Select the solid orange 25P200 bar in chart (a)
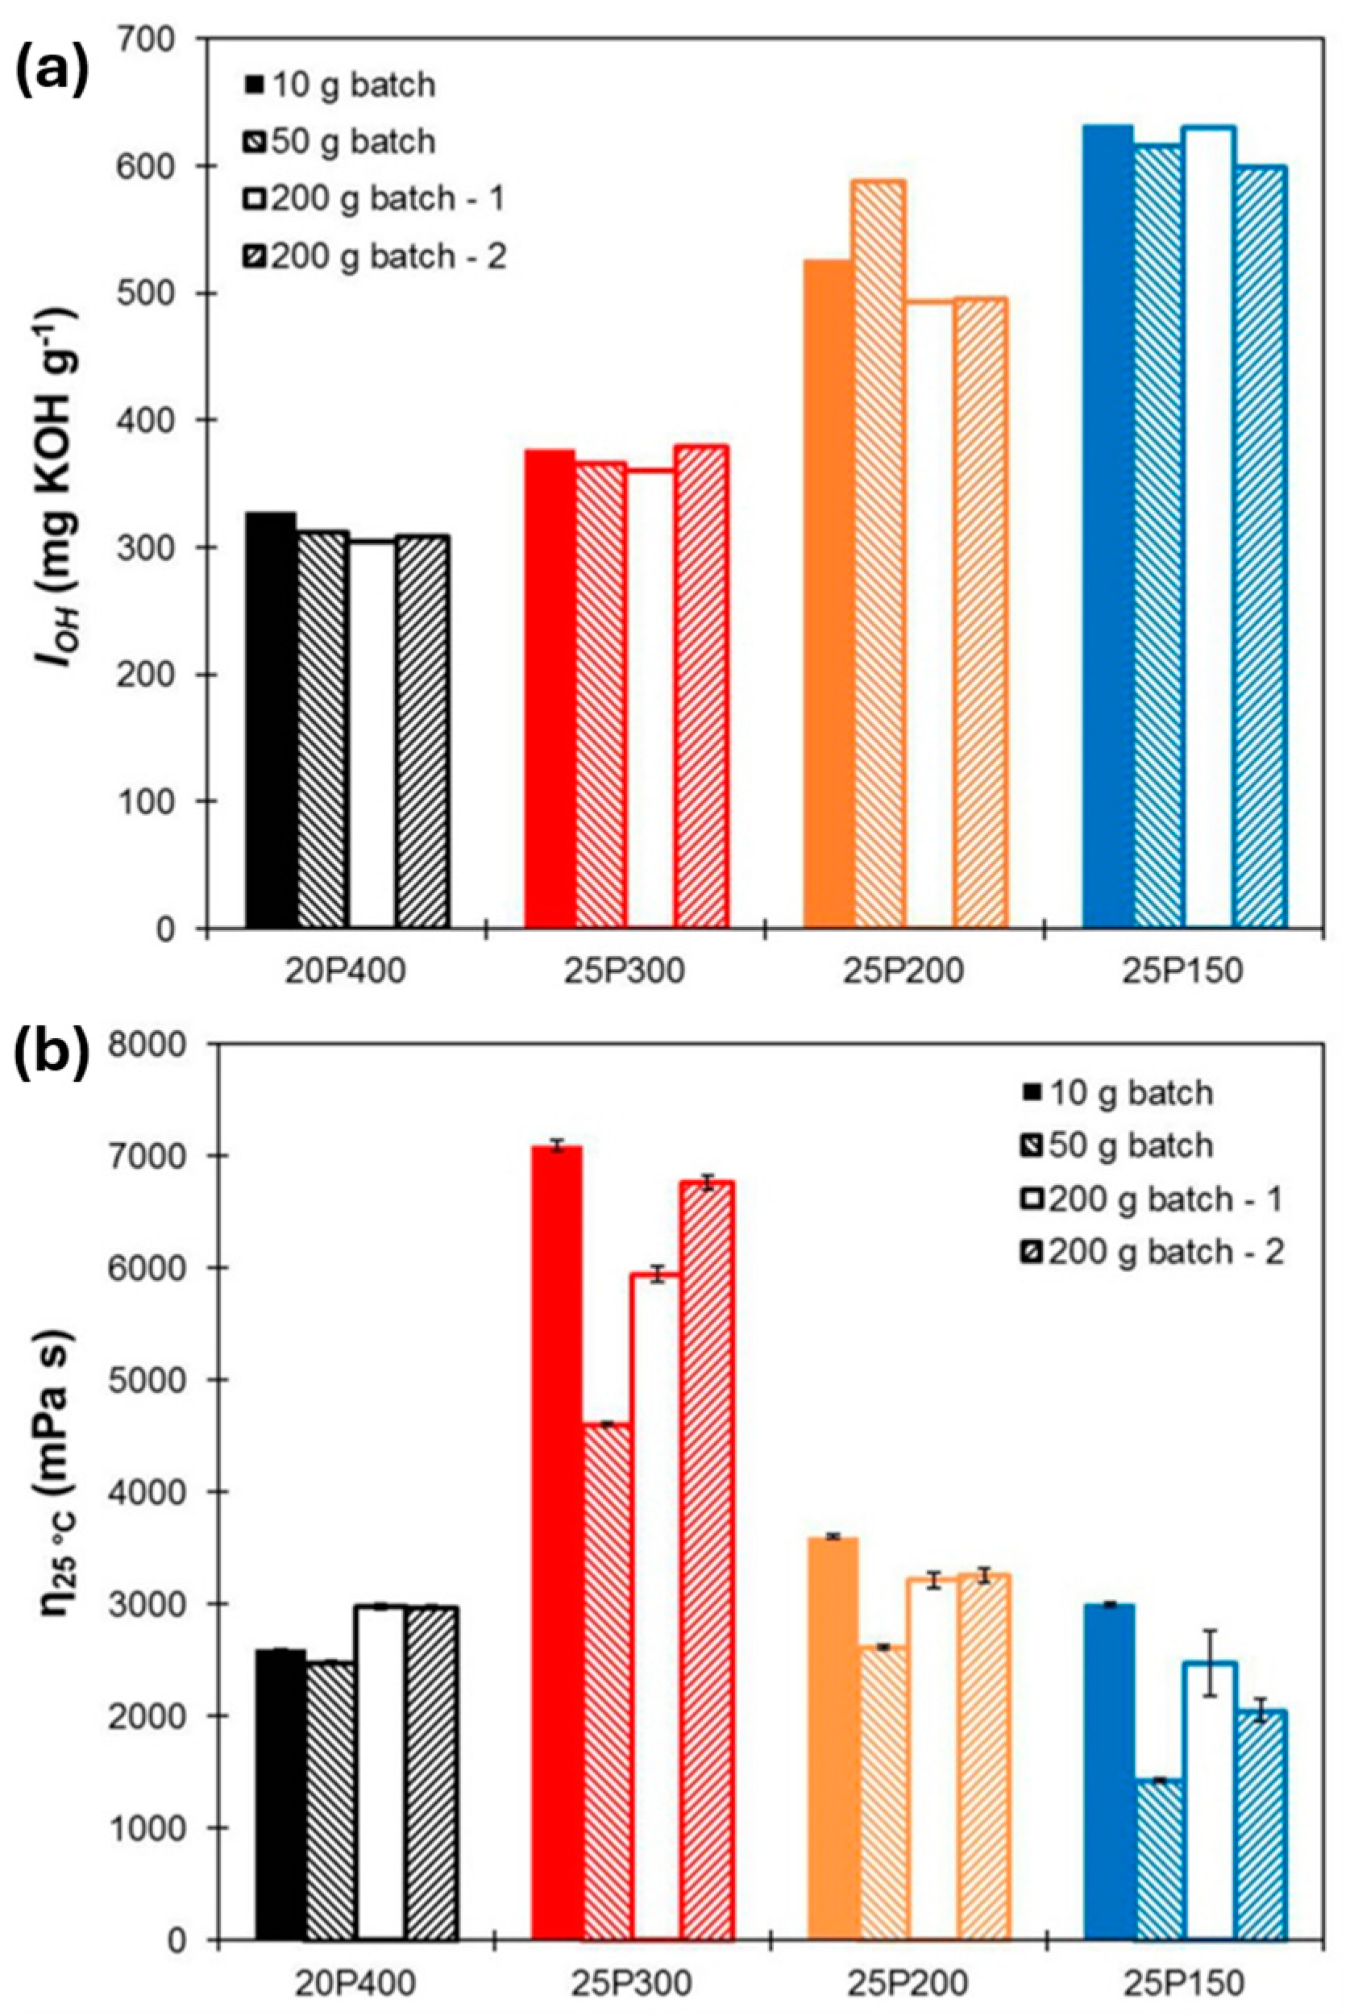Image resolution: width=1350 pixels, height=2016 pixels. click(829, 594)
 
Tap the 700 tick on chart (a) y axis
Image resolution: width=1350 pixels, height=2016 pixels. click(164, 39)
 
